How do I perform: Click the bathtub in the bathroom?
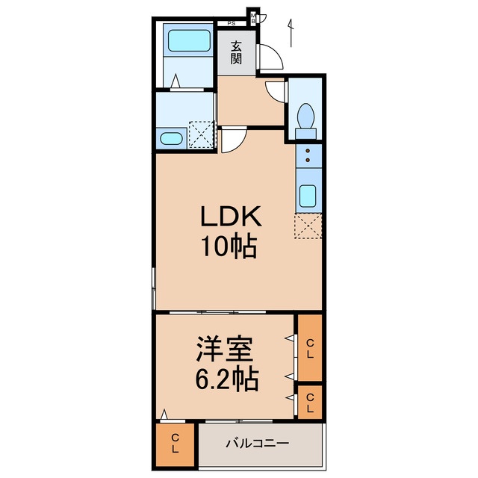[189, 40]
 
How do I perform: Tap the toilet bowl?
[305, 116]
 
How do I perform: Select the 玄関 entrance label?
[236, 52]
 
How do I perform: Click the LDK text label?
[231, 217]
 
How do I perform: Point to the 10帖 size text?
[229, 246]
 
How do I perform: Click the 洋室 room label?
[224, 349]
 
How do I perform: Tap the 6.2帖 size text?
[227, 379]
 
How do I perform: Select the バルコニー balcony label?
[257, 443]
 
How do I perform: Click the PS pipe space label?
[232, 23]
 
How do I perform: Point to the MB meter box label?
[253, 18]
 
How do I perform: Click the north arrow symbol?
[291, 33]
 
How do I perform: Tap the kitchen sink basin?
[308, 196]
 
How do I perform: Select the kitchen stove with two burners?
[308, 155]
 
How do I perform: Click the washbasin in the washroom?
[171, 139]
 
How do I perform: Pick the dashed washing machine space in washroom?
[201, 134]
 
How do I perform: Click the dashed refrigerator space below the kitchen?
[308, 226]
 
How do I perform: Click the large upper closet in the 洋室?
[310, 348]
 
